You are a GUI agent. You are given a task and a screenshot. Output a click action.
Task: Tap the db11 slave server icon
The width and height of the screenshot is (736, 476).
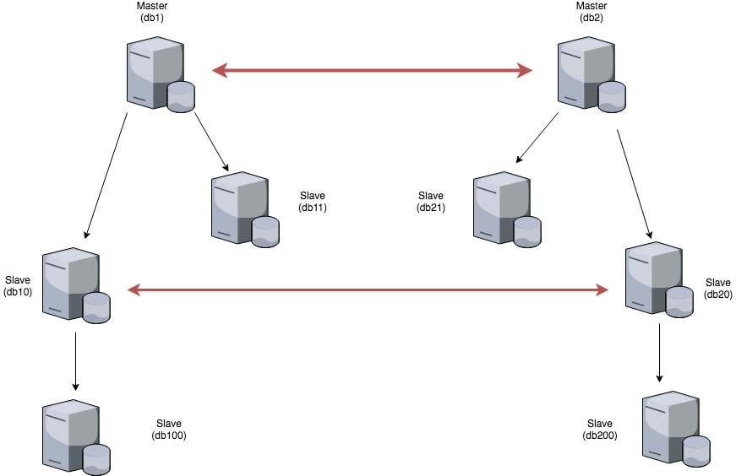tap(244, 208)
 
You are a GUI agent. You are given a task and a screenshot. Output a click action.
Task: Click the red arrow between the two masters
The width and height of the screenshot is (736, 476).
tap(372, 71)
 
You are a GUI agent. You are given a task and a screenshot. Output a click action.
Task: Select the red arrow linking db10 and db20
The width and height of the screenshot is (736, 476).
tap(368, 290)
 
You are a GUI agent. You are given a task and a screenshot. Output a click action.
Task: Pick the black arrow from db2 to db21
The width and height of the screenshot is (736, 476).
tap(537, 138)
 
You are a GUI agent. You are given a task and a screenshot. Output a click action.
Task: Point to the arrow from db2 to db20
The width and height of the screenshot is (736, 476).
tap(634, 182)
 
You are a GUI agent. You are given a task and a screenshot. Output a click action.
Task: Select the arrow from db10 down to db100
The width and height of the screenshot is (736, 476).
tap(76, 361)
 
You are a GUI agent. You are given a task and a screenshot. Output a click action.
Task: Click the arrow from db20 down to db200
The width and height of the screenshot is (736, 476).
tap(659, 354)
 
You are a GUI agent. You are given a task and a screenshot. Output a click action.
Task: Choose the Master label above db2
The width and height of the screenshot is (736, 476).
tap(591, 6)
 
